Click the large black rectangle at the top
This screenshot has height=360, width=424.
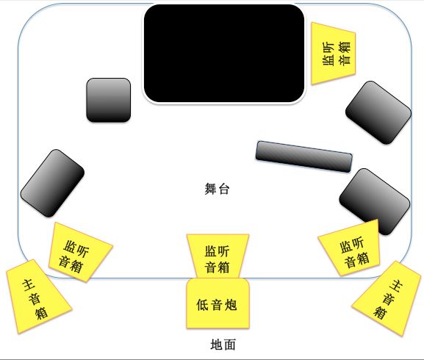click(224, 53)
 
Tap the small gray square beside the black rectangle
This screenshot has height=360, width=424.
click(109, 100)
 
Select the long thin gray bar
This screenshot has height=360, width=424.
click(304, 156)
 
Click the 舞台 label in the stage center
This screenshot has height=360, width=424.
click(217, 189)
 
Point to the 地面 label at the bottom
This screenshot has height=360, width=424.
click(223, 345)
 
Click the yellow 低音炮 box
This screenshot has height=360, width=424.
click(218, 303)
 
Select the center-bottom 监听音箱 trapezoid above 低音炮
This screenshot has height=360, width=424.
click(218, 256)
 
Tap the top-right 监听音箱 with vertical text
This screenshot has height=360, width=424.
click(333, 54)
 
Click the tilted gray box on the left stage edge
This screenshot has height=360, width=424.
click(52, 183)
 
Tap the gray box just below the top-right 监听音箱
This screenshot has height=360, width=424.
click(378, 112)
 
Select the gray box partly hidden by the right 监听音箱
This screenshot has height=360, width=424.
click(375, 201)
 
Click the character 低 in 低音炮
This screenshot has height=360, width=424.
click(202, 305)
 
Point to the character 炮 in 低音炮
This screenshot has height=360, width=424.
click(231, 305)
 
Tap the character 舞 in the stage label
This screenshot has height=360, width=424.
click(210, 189)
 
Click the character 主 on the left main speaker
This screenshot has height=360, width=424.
click(28, 286)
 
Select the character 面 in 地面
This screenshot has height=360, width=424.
click(229, 345)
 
